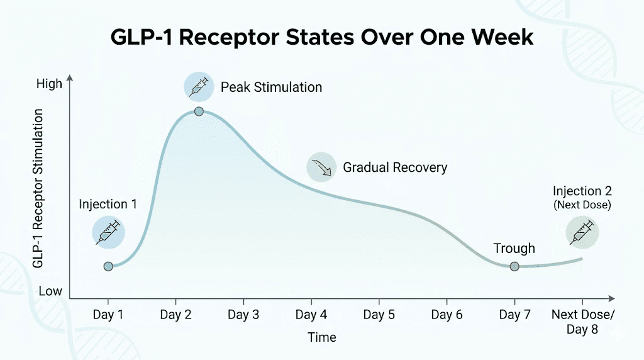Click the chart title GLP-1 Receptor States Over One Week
coord(322,37)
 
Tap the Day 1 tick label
coord(108,315)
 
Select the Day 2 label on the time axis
coord(175,315)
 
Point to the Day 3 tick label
coord(243,315)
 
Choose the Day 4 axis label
coord(311,315)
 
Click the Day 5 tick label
coord(379,315)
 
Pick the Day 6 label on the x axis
coord(447,315)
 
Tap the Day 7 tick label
coord(514,315)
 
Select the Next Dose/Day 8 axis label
coord(582,322)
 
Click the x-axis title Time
coord(322,337)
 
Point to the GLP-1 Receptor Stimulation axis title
coord(38,188)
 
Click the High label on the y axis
coord(50,84)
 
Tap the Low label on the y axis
coord(50,291)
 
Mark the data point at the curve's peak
coord(199,111)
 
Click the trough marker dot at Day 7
coord(514,266)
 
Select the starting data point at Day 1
coord(108,266)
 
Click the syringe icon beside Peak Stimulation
coord(199,87)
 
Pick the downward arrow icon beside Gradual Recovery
coord(321,167)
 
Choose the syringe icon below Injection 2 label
coord(582,231)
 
